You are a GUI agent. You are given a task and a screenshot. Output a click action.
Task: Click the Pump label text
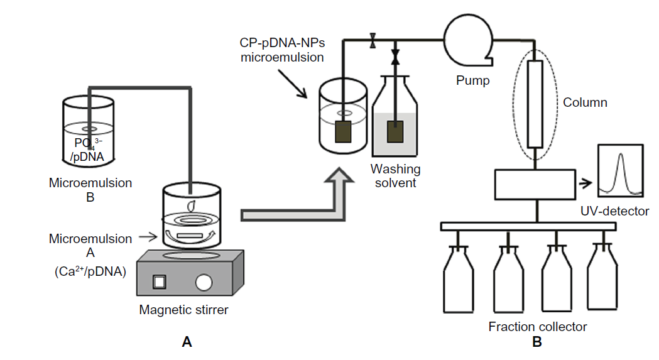[473, 80]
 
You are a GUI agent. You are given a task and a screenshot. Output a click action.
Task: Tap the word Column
[585, 102]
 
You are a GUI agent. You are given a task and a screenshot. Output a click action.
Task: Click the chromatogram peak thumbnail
[621, 170]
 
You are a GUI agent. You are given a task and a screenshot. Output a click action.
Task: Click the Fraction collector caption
[537, 327]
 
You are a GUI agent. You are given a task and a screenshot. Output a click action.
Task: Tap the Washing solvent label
[395, 176]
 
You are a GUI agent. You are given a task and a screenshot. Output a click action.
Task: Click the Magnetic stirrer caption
[183, 309]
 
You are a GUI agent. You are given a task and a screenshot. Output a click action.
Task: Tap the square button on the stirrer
[160, 281]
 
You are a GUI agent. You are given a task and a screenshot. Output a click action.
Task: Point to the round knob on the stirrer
[204, 282]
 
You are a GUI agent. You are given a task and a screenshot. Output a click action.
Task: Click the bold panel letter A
[186, 342]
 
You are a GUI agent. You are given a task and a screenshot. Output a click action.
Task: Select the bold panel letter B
[536, 342]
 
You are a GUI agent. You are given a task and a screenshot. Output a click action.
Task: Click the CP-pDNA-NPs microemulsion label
[281, 50]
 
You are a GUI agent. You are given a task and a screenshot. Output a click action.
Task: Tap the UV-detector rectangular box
[534, 185]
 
